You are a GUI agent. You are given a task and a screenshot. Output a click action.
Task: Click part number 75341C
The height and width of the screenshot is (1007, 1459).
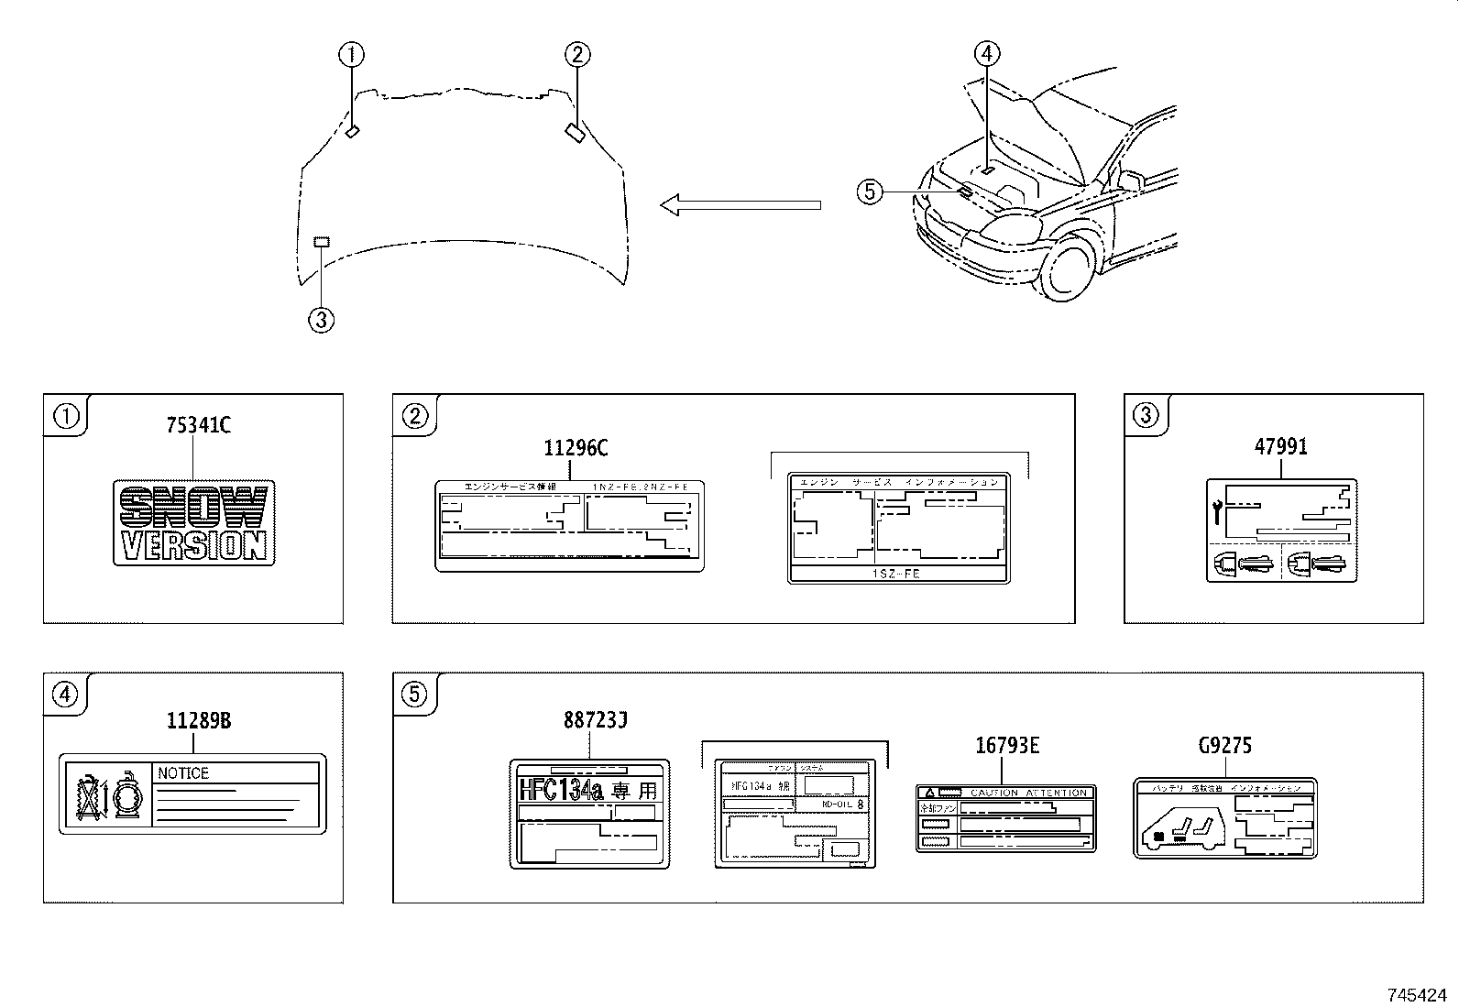(x=198, y=425)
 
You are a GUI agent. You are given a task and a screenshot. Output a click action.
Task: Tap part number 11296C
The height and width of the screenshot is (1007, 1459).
(x=575, y=448)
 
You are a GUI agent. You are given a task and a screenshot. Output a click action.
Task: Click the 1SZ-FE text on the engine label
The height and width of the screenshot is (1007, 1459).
(x=899, y=574)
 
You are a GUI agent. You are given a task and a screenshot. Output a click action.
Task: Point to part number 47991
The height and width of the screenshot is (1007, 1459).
(x=1280, y=447)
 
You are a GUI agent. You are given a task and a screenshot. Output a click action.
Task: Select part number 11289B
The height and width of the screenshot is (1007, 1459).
(x=198, y=721)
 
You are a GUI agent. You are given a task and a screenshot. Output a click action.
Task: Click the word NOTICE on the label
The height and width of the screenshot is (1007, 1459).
(x=183, y=773)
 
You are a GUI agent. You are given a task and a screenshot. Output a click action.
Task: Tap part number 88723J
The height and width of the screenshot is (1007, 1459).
(x=595, y=721)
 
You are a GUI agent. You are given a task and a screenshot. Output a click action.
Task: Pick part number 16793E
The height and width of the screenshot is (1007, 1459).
(x=1006, y=746)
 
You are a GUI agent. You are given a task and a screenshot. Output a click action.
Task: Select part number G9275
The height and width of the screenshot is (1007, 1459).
(x=1224, y=746)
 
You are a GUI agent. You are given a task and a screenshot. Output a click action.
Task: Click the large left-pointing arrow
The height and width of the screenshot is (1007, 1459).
(x=740, y=205)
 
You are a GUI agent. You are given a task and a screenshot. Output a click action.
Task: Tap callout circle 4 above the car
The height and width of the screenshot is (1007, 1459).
(x=986, y=53)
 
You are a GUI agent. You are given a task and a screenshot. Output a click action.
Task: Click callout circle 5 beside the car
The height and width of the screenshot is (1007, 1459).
(x=870, y=192)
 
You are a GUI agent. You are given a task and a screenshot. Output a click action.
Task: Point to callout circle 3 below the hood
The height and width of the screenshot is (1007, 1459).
(x=321, y=320)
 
